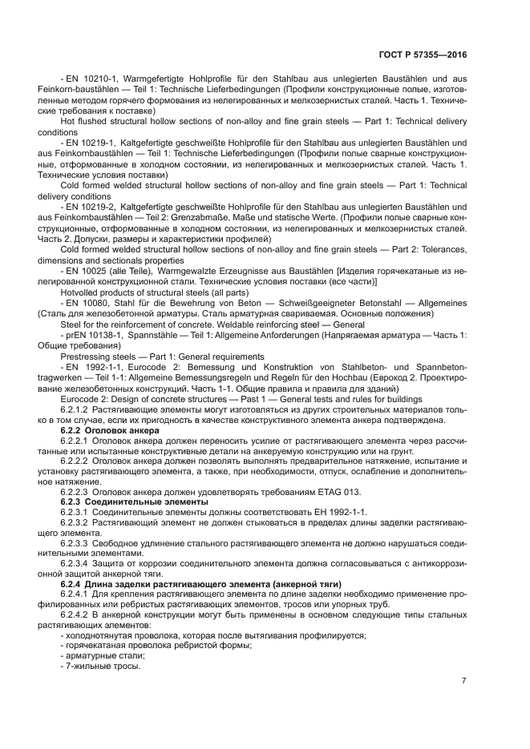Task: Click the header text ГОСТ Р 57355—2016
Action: coord(424,55)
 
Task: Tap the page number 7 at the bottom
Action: coord(464,681)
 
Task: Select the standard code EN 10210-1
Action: coord(92,79)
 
